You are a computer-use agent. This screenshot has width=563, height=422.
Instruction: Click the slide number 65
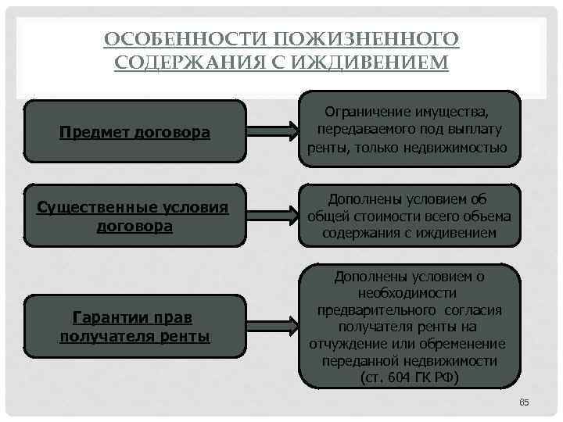(524, 402)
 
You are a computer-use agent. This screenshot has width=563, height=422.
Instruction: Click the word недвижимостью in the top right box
(457, 147)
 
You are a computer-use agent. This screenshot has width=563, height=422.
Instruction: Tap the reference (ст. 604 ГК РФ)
(408, 377)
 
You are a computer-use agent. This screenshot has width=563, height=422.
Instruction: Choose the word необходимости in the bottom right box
(407, 292)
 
